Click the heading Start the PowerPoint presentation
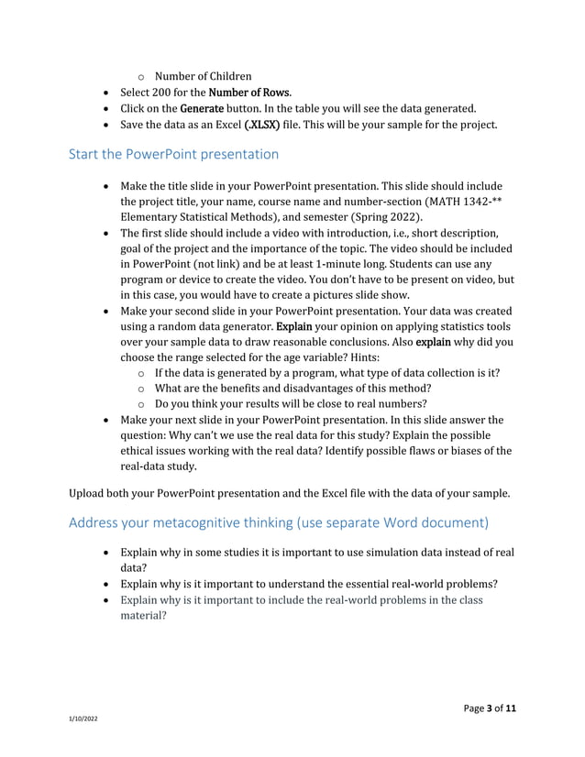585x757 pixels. (174, 154)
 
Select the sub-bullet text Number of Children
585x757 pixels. (203, 75)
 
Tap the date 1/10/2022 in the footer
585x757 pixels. (84, 719)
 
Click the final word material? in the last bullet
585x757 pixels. (143, 617)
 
